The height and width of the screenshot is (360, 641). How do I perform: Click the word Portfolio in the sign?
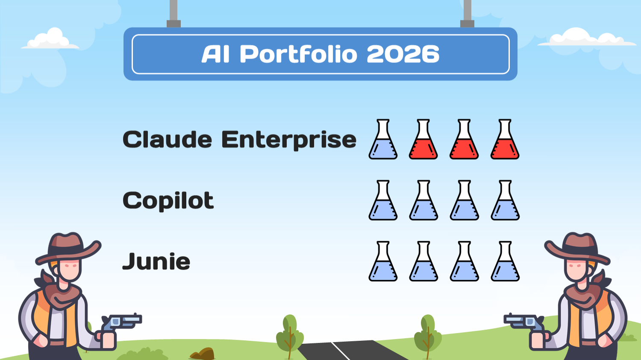pyautogui.click(x=298, y=54)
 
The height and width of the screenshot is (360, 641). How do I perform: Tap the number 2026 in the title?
pyautogui.click(x=403, y=54)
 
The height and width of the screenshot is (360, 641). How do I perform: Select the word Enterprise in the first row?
pyautogui.click(x=288, y=140)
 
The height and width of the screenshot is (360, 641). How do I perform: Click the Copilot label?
pyautogui.click(x=168, y=201)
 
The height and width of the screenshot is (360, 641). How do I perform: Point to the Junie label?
pyautogui.click(x=156, y=261)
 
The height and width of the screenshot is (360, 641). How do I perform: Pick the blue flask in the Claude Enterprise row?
pyautogui.click(x=383, y=140)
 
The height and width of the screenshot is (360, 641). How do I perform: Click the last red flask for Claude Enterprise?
pyautogui.click(x=505, y=140)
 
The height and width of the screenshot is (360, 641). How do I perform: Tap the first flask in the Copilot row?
pyautogui.click(x=383, y=201)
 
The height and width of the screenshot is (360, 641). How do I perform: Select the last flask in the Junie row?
pyautogui.click(x=505, y=261)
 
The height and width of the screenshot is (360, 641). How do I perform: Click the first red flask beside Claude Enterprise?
pyautogui.click(x=423, y=140)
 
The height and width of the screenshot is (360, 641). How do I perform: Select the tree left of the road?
pyautogui.click(x=289, y=333)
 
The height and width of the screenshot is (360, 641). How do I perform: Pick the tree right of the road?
pyautogui.click(x=427, y=333)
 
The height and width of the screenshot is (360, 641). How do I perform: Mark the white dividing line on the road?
pyautogui.click(x=340, y=351)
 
